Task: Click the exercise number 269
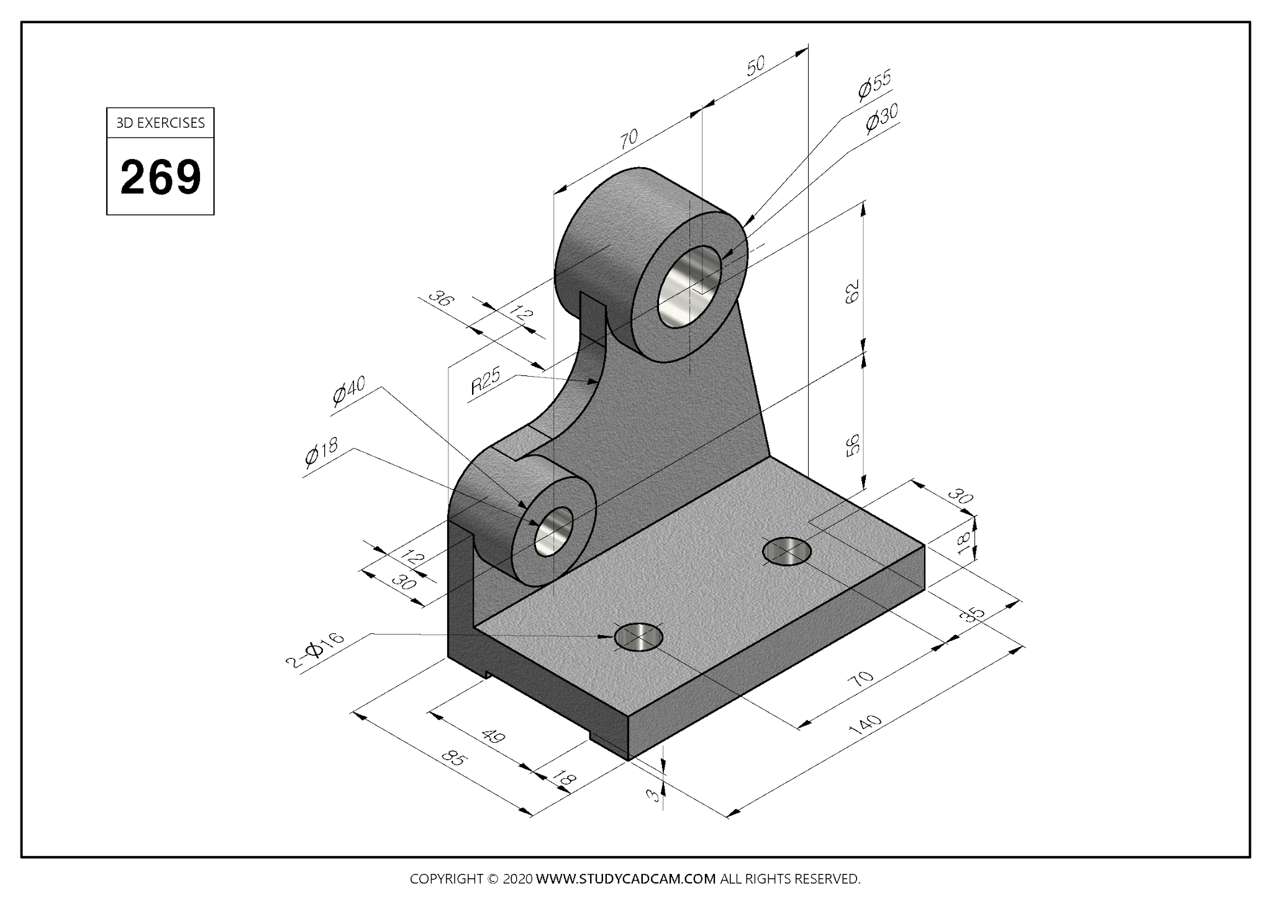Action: click(160, 177)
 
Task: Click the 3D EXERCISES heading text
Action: click(160, 123)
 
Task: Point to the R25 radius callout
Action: click(485, 382)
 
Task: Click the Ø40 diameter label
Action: click(348, 390)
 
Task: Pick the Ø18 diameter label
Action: click(321, 452)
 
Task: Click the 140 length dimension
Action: click(868, 725)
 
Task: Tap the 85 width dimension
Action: click(454, 759)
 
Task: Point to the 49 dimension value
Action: click(493, 737)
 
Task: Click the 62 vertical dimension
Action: click(852, 291)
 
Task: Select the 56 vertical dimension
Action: click(852, 444)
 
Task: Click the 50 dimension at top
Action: click(755, 66)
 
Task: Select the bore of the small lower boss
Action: click(553, 531)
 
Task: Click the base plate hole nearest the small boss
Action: click(638, 637)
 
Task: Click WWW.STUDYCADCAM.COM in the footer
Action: click(625, 879)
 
